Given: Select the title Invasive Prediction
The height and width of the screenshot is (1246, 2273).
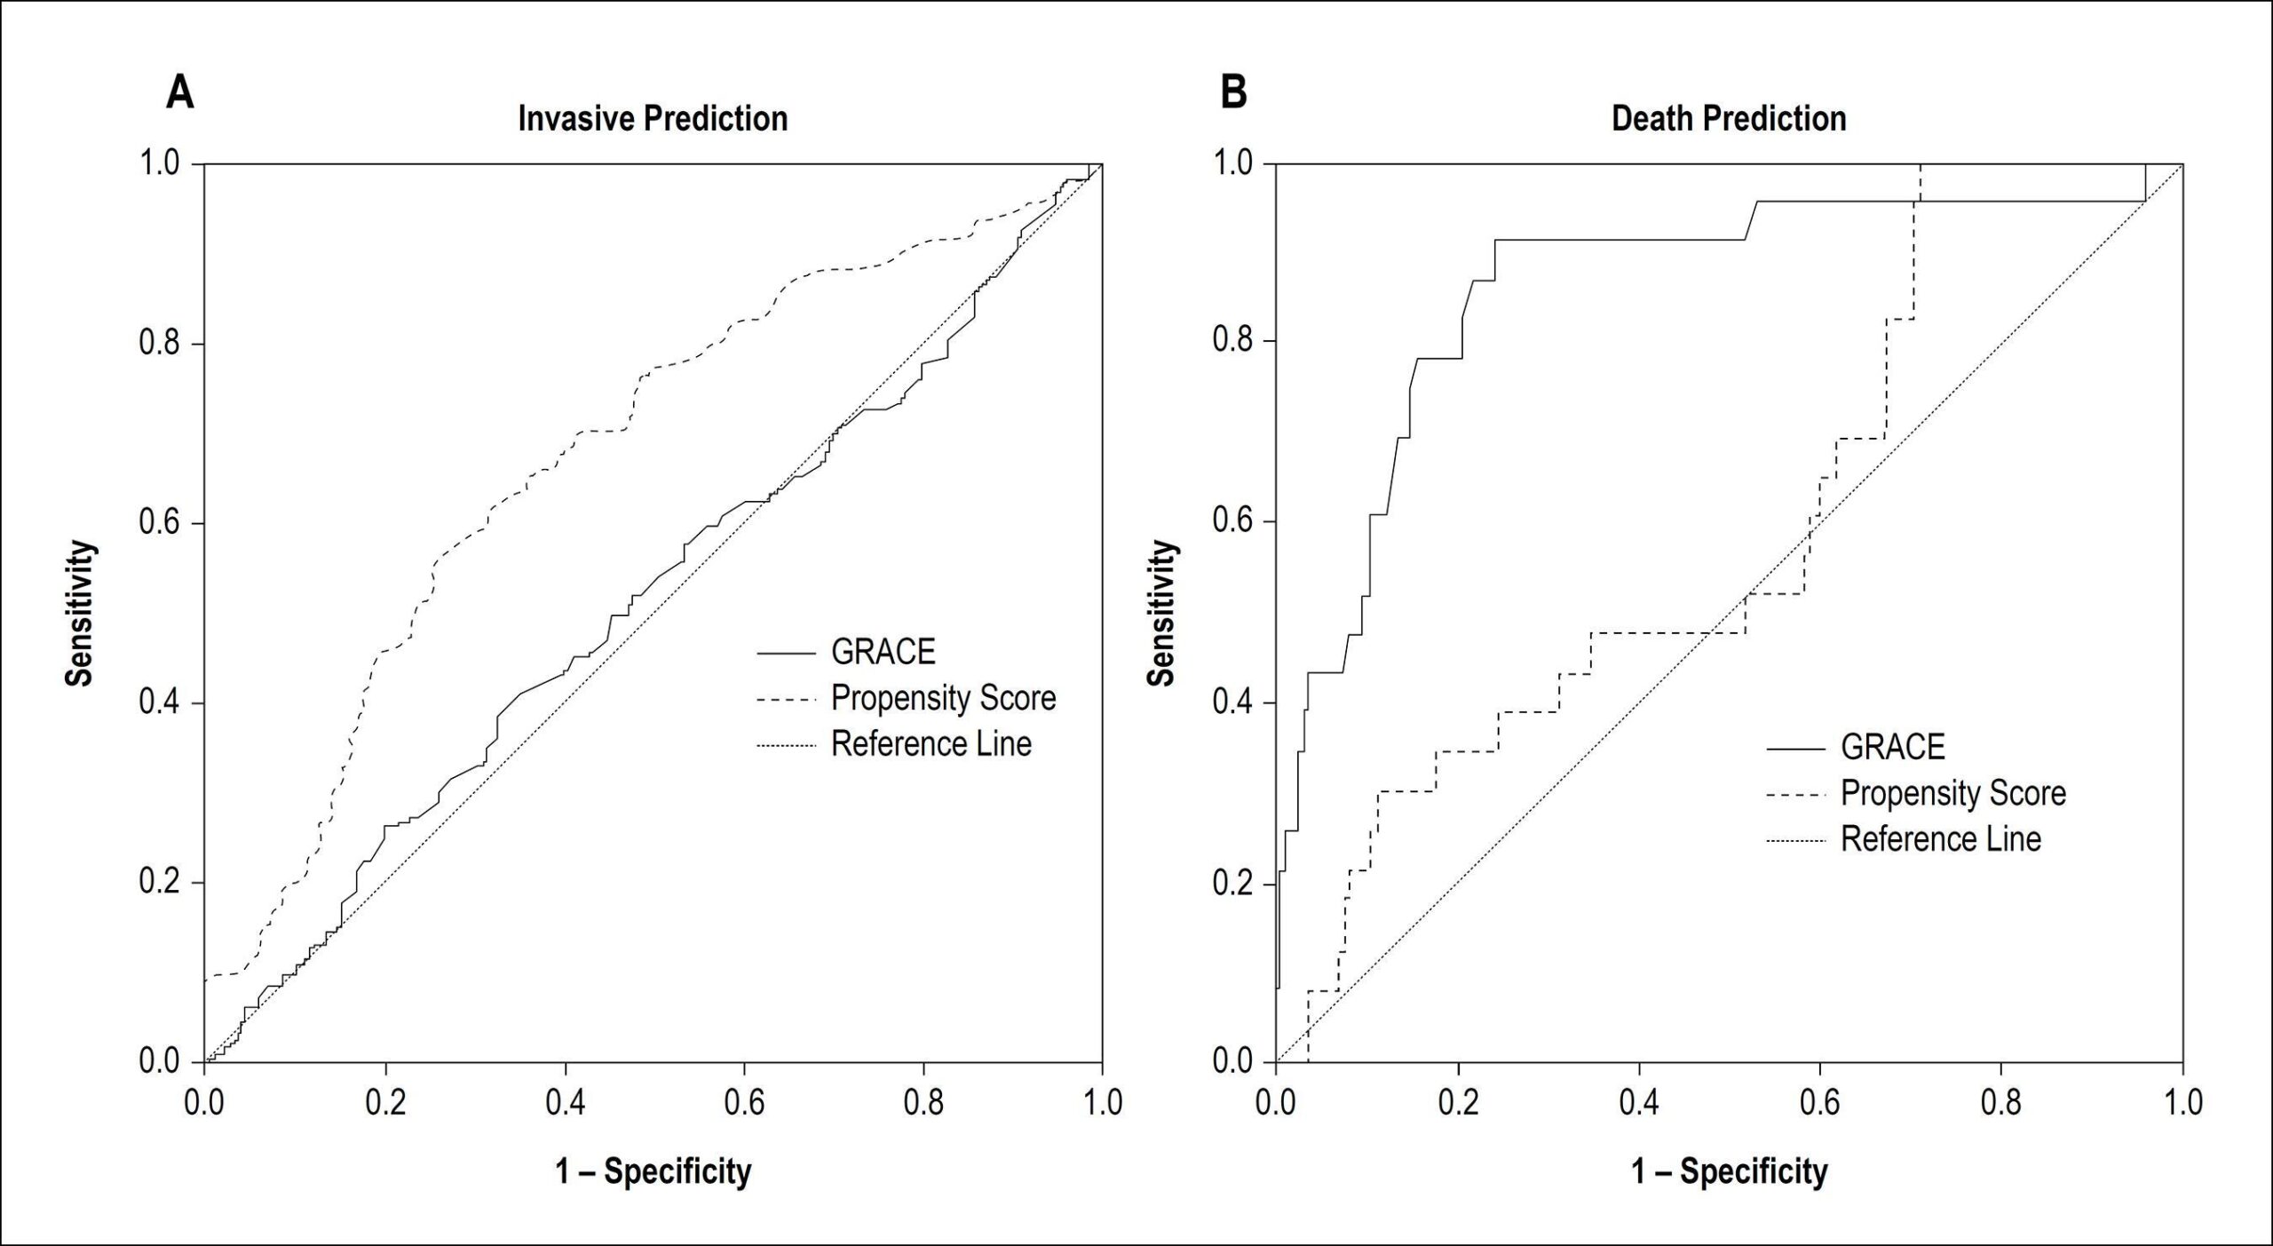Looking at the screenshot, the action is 653,118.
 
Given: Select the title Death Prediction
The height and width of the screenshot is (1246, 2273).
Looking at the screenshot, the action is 1729,118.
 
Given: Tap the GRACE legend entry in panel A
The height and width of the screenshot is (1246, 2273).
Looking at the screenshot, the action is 883,652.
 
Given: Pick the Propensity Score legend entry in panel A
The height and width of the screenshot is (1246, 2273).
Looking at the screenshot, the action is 943,698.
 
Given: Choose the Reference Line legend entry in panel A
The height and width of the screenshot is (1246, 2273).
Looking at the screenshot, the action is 931,743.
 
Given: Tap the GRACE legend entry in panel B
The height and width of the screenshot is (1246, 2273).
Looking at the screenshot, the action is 1892,747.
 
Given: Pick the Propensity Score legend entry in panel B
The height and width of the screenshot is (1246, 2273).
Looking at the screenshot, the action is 1952,793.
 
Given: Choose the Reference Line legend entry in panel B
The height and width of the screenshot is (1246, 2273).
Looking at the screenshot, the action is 1940,838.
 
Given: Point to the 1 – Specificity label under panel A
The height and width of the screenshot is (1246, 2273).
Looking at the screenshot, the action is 653,1171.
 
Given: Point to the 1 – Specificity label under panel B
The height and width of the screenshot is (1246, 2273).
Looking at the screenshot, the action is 1730,1171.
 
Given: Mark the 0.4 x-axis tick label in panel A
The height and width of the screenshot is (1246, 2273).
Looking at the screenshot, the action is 566,1102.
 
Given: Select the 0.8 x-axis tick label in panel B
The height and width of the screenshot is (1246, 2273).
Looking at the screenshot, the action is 2001,1102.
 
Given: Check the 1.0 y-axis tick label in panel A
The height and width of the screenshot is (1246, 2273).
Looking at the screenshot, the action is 159,164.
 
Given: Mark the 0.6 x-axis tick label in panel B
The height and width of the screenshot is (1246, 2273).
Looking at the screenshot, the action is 1820,1102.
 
